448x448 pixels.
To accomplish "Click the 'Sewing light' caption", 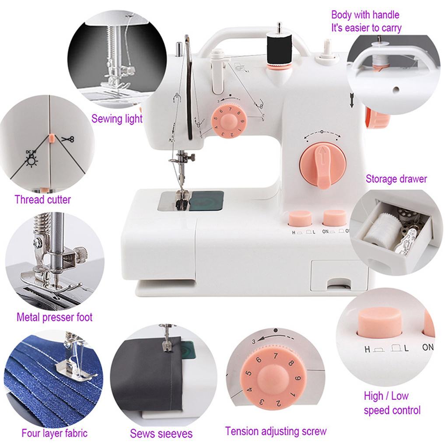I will (x=117, y=119).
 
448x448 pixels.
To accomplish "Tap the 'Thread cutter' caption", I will (x=42, y=200).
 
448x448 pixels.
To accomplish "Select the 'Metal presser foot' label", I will (x=54, y=317).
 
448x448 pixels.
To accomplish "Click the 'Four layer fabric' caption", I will (x=54, y=434).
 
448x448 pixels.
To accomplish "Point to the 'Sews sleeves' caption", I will (x=161, y=434).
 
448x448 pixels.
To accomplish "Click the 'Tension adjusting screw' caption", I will (x=276, y=431).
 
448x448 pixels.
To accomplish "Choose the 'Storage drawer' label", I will (x=396, y=178).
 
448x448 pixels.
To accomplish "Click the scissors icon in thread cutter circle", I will (x=67, y=140).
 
